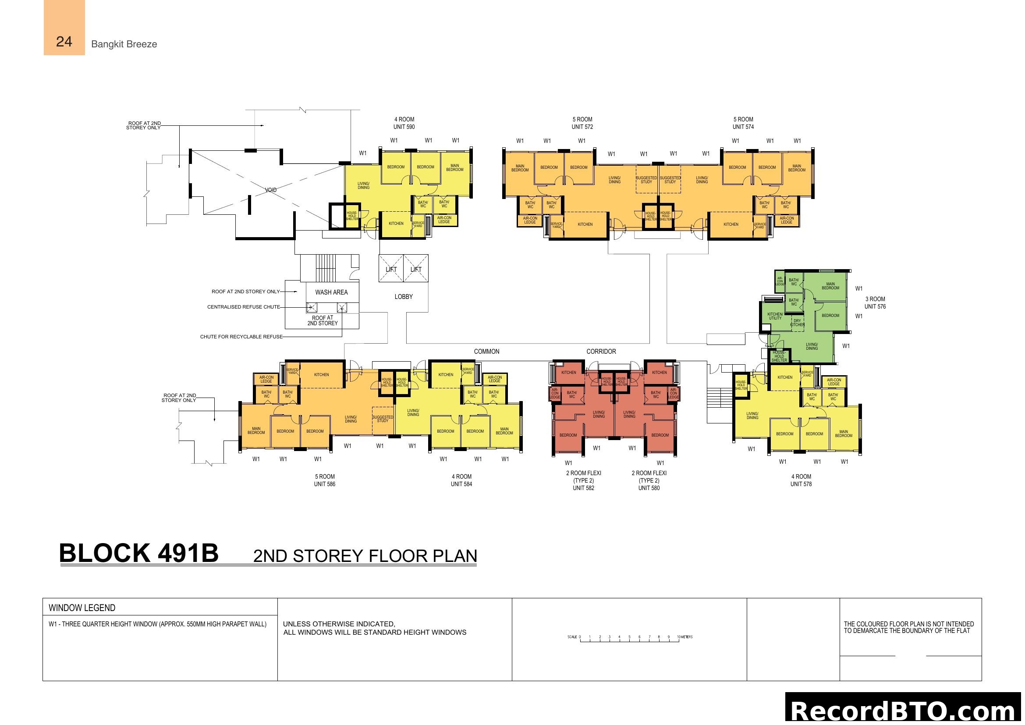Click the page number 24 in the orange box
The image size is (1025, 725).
pos(64,42)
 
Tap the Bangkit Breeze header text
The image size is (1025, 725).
pos(124,44)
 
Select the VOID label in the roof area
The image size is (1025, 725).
pos(270,190)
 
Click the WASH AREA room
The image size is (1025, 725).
pos(331,292)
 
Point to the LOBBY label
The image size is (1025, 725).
pos(403,297)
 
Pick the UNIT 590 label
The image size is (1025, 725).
pos(404,127)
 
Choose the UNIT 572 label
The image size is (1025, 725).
pos(582,127)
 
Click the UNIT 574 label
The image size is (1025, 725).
pos(743,127)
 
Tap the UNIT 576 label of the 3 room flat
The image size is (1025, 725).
pos(875,307)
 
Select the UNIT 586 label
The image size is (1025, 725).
pos(325,484)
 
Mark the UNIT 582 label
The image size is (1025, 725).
pos(583,488)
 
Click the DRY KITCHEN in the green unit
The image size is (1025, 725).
pos(797,322)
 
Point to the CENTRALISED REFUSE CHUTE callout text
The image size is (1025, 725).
pos(243,307)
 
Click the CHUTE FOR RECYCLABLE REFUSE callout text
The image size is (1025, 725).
pos(241,337)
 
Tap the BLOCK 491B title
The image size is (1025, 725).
pos(139,554)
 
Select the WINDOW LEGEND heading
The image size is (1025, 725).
pos(82,608)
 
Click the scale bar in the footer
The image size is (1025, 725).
pos(629,638)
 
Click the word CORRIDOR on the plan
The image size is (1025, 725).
pos(601,352)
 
